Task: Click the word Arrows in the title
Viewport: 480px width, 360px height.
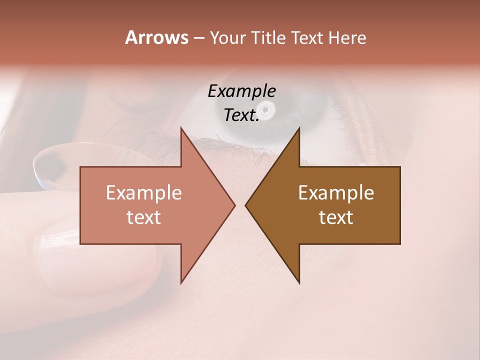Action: pos(156,37)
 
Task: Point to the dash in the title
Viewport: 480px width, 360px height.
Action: pos(198,38)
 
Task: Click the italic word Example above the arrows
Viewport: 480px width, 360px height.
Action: pos(242,91)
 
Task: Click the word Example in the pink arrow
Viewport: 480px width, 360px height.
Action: pos(144,193)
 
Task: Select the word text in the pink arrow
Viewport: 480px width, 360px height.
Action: pos(144,217)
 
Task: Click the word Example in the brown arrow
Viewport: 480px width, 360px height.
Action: pos(336,193)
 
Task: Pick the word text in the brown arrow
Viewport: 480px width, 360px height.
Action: pos(336,217)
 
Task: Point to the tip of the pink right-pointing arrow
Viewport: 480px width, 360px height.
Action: pos(234,205)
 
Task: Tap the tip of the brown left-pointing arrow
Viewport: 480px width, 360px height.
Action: pos(246,205)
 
